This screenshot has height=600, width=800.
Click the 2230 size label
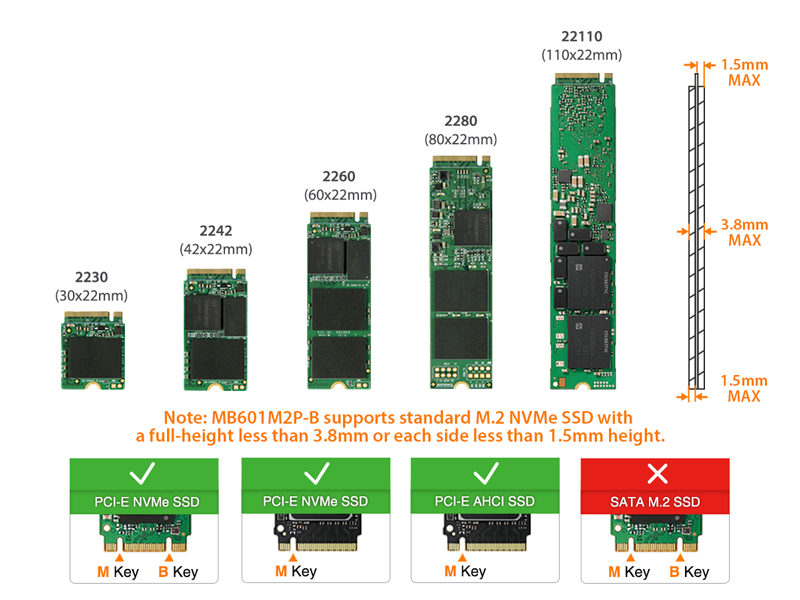tap(91, 277)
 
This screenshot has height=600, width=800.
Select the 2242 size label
tap(216, 230)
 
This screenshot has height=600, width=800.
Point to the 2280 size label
tap(461, 121)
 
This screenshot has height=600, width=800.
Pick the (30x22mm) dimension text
tap(91, 295)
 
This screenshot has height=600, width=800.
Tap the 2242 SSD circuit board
tap(216, 331)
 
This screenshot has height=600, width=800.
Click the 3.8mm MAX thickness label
tap(744, 232)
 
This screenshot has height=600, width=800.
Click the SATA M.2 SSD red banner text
tap(654, 500)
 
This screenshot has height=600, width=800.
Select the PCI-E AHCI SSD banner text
tap(485, 500)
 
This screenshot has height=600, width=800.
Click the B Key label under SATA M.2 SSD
tap(690, 572)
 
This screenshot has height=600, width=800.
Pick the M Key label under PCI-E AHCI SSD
tap(465, 571)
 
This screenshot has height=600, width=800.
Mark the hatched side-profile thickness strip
tap(697, 240)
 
